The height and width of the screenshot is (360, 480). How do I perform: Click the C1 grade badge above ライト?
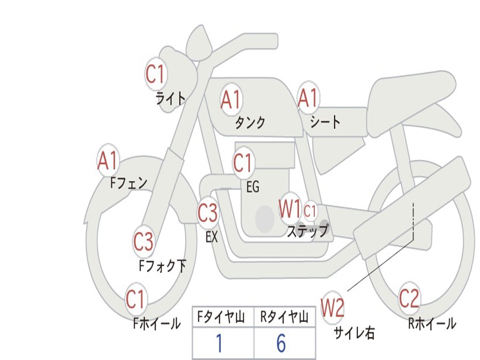(x=156, y=73)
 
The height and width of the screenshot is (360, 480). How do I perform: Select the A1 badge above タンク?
(x=231, y=99)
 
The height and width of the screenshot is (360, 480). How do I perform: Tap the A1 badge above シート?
(x=308, y=98)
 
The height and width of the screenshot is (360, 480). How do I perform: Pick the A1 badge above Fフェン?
(x=108, y=161)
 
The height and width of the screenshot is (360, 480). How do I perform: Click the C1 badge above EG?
(x=243, y=163)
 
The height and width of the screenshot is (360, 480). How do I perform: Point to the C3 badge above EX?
(x=207, y=213)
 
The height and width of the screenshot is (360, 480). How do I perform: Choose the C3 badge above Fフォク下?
(x=143, y=242)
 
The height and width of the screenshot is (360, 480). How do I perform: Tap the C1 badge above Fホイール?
(x=136, y=299)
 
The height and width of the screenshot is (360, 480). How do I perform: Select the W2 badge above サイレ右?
(x=333, y=307)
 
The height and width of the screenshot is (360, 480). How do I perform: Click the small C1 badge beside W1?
(x=310, y=211)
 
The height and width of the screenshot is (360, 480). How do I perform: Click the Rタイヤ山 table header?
(x=285, y=318)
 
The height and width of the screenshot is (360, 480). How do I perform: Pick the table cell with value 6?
(x=281, y=344)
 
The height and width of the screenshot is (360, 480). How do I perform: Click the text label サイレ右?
(x=354, y=333)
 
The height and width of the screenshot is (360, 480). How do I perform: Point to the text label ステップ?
(x=307, y=231)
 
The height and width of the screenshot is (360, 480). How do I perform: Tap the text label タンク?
(x=250, y=123)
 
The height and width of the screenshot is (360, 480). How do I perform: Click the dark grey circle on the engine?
(x=265, y=218)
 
